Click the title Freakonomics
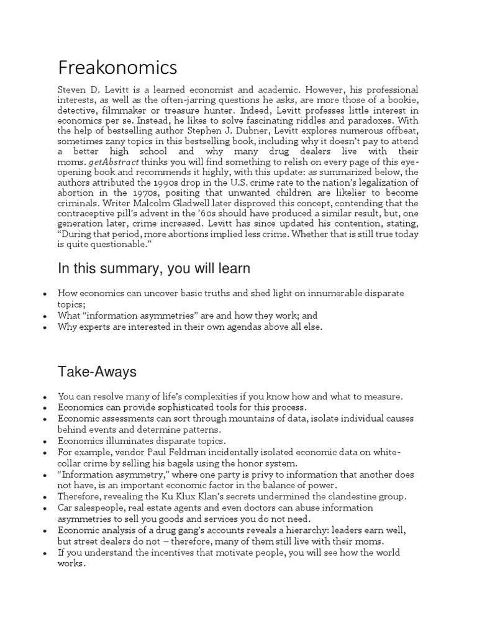pos(117,66)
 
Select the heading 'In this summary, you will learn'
pos(154,268)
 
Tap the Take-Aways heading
pos(97,372)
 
